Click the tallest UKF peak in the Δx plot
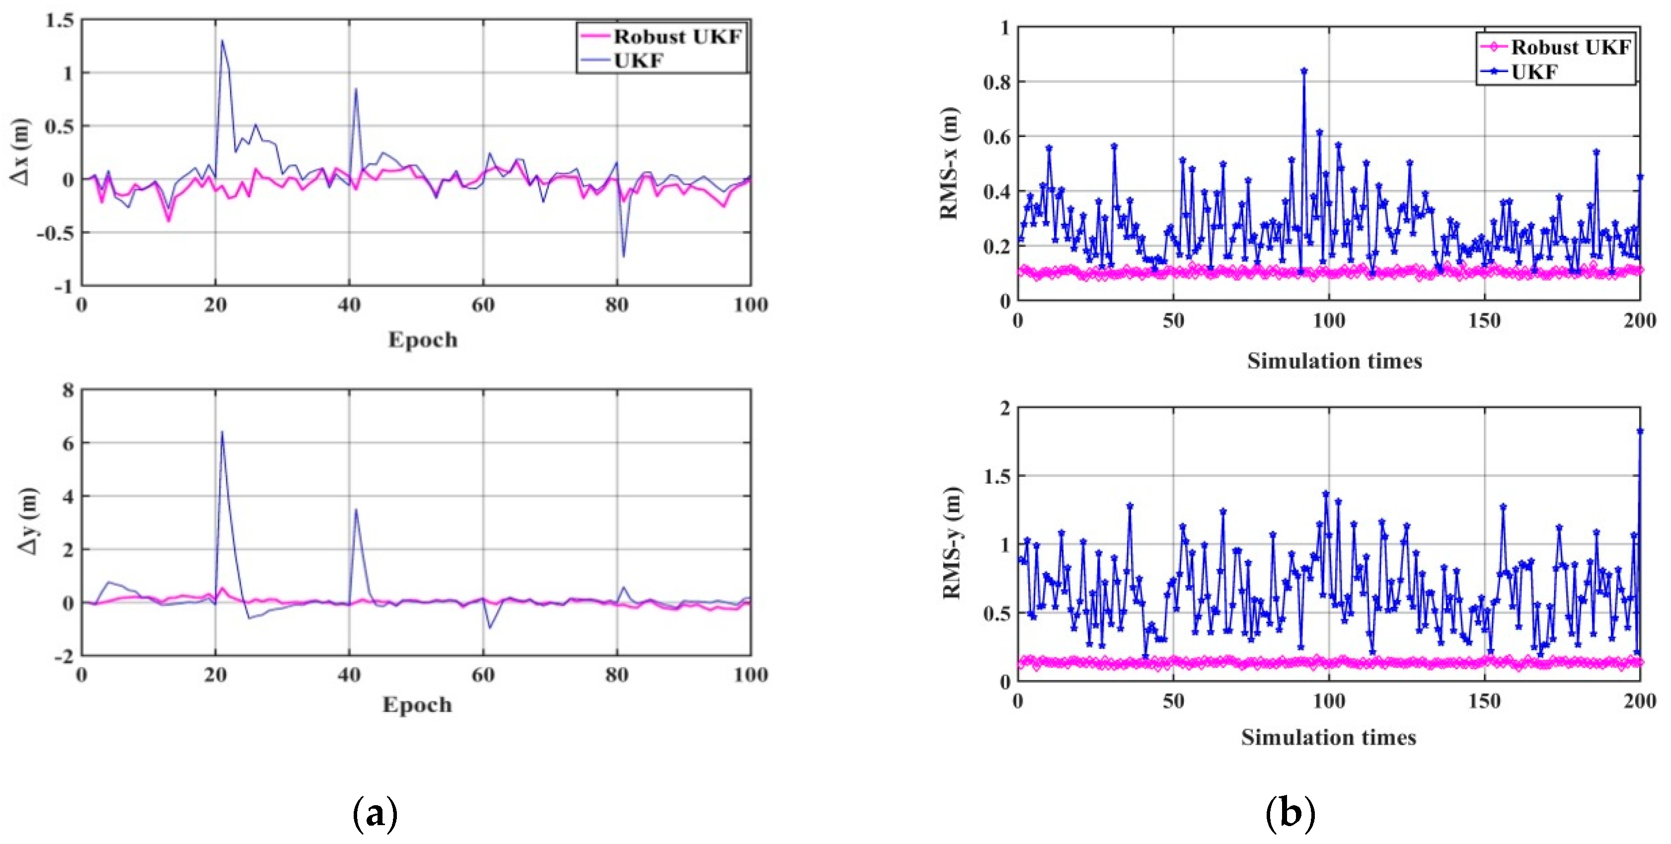[222, 41]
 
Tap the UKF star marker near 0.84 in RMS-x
[1304, 71]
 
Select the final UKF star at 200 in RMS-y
[1640, 431]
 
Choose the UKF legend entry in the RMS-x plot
[1533, 72]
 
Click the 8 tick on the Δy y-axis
[68, 390]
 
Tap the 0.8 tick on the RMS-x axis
[996, 82]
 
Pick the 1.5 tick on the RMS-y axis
[996, 476]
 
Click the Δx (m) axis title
[21, 152]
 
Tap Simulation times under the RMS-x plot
[1334, 361]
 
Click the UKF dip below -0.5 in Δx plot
[624, 256]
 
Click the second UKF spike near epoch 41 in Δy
[356, 510]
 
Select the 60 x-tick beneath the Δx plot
[483, 305]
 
